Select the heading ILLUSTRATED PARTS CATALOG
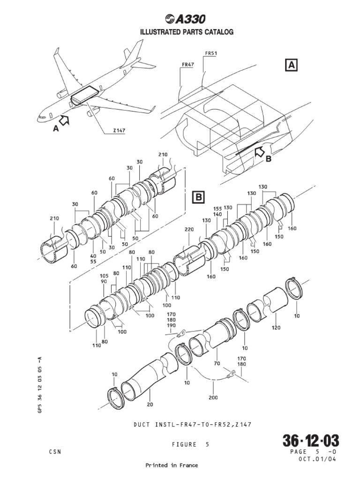coord(180,32)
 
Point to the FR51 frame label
coord(211,53)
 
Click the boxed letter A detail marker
coord(291,65)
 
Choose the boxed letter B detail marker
coord(199,198)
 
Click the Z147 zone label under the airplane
coord(119,131)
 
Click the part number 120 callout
coord(276,328)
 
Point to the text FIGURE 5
coord(193,444)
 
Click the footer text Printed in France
coord(172,465)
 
